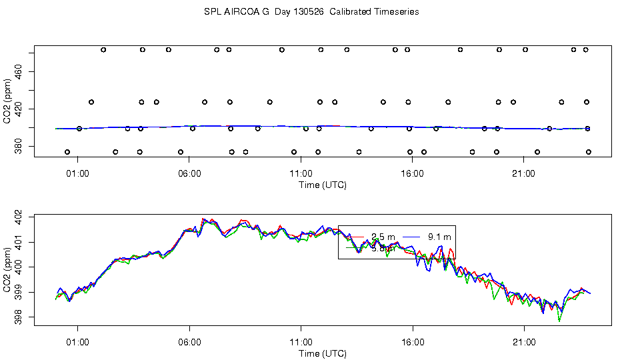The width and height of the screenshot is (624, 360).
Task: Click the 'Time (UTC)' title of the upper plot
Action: tap(323, 185)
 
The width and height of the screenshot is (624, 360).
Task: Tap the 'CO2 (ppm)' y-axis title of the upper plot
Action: tap(7, 100)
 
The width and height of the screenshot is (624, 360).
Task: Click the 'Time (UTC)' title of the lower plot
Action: tap(323, 353)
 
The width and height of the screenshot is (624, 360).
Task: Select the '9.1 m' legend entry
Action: tap(438, 237)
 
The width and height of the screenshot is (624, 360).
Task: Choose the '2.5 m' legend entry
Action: tap(383, 237)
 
